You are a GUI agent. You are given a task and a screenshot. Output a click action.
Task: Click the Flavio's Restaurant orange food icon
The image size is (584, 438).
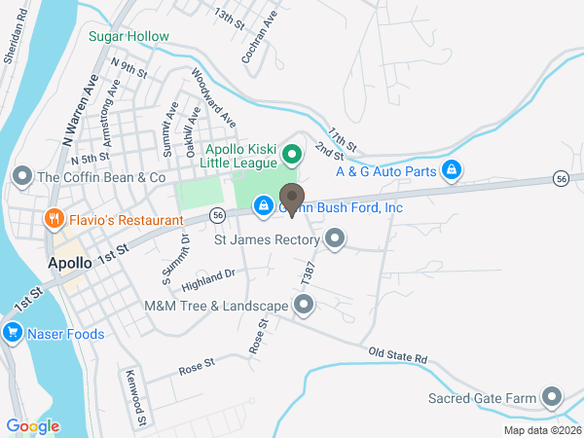[x=55, y=219]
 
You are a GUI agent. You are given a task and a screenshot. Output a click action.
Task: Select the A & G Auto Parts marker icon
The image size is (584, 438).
[x=452, y=171]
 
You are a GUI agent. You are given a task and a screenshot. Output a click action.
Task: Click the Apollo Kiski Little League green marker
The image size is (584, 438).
[x=290, y=155]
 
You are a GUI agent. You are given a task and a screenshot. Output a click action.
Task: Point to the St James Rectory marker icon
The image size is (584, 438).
[x=336, y=238]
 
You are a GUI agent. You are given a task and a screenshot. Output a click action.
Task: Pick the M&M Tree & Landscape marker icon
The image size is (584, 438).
[x=305, y=306]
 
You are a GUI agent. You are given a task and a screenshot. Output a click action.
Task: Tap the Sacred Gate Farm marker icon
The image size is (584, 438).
[x=553, y=397]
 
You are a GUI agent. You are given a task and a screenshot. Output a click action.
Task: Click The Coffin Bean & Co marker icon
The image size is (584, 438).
[x=21, y=177]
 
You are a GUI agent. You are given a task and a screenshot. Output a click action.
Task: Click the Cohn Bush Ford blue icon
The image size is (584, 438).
[x=263, y=206]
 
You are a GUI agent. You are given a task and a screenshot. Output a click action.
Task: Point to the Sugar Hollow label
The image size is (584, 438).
[x=128, y=37]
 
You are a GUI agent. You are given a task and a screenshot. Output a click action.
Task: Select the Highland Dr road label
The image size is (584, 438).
[x=208, y=281]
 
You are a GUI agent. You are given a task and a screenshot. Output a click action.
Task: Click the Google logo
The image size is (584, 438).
[x=33, y=425]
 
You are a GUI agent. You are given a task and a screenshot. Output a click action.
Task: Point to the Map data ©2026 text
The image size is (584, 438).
[x=541, y=430]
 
